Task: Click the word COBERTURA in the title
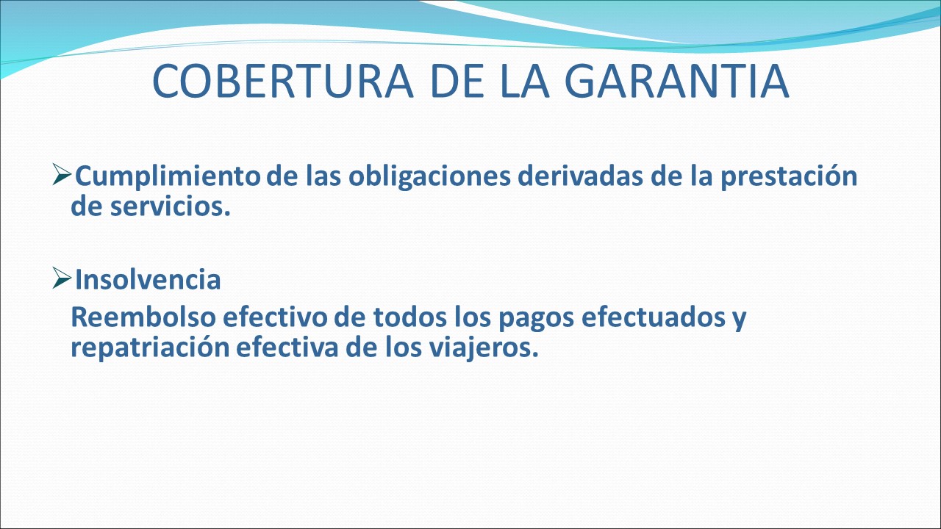(x=283, y=81)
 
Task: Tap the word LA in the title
(x=525, y=81)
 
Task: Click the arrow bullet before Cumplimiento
(x=62, y=175)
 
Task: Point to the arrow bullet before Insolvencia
(x=62, y=278)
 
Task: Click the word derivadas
(x=581, y=176)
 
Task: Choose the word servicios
(x=171, y=206)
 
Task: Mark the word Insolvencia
(x=148, y=279)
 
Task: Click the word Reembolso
(x=143, y=317)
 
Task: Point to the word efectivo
(x=275, y=316)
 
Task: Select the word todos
(x=410, y=316)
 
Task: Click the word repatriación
(x=150, y=348)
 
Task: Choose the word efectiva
(x=287, y=347)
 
